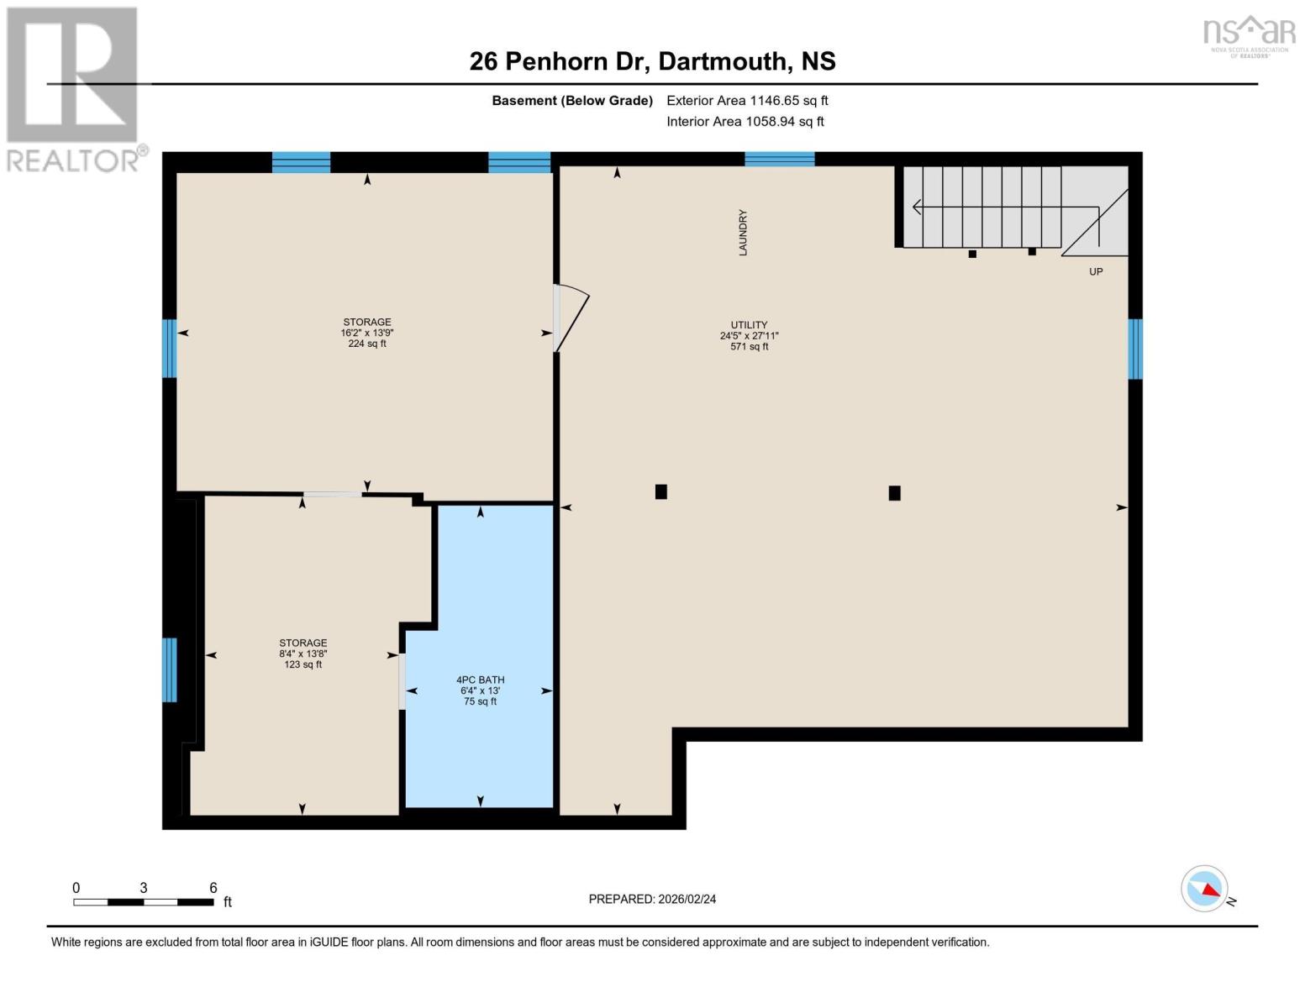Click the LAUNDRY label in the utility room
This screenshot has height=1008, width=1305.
(743, 233)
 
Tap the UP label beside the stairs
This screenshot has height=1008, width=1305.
(1096, 271)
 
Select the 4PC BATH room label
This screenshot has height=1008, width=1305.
(480, 680)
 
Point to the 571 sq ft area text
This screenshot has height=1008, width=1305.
(749, 346)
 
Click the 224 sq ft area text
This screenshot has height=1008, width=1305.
(367, 344)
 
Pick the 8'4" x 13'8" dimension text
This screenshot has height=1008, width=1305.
(303, 654)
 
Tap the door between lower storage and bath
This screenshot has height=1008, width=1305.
(402, 681)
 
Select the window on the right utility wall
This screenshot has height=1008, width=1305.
(1134, 349)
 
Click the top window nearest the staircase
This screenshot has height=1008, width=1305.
(779, 159)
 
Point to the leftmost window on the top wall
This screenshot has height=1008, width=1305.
(301, 162)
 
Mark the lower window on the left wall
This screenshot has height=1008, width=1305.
(170, 669)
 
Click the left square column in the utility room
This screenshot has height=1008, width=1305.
(661, 491)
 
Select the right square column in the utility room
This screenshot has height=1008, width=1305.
(894, 493)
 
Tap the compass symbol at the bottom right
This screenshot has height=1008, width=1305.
(1204, 889)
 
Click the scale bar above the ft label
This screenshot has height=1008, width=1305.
(143, 902)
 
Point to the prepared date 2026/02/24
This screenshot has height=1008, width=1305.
(652, 899)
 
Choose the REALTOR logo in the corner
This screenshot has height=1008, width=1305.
(73, 89)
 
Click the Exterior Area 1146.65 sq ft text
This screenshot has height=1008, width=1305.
(747, 100)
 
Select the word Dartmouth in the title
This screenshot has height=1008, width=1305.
(724, 61)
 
